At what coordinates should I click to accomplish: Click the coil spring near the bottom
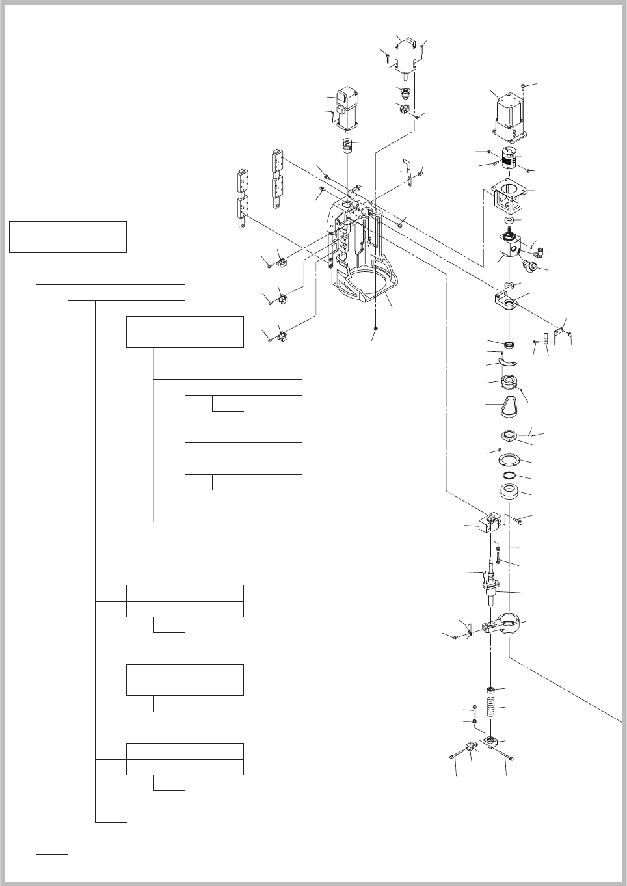click(492, 709)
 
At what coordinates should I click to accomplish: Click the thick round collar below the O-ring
click(511, 492)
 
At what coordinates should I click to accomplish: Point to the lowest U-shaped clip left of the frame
click(281, 337)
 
